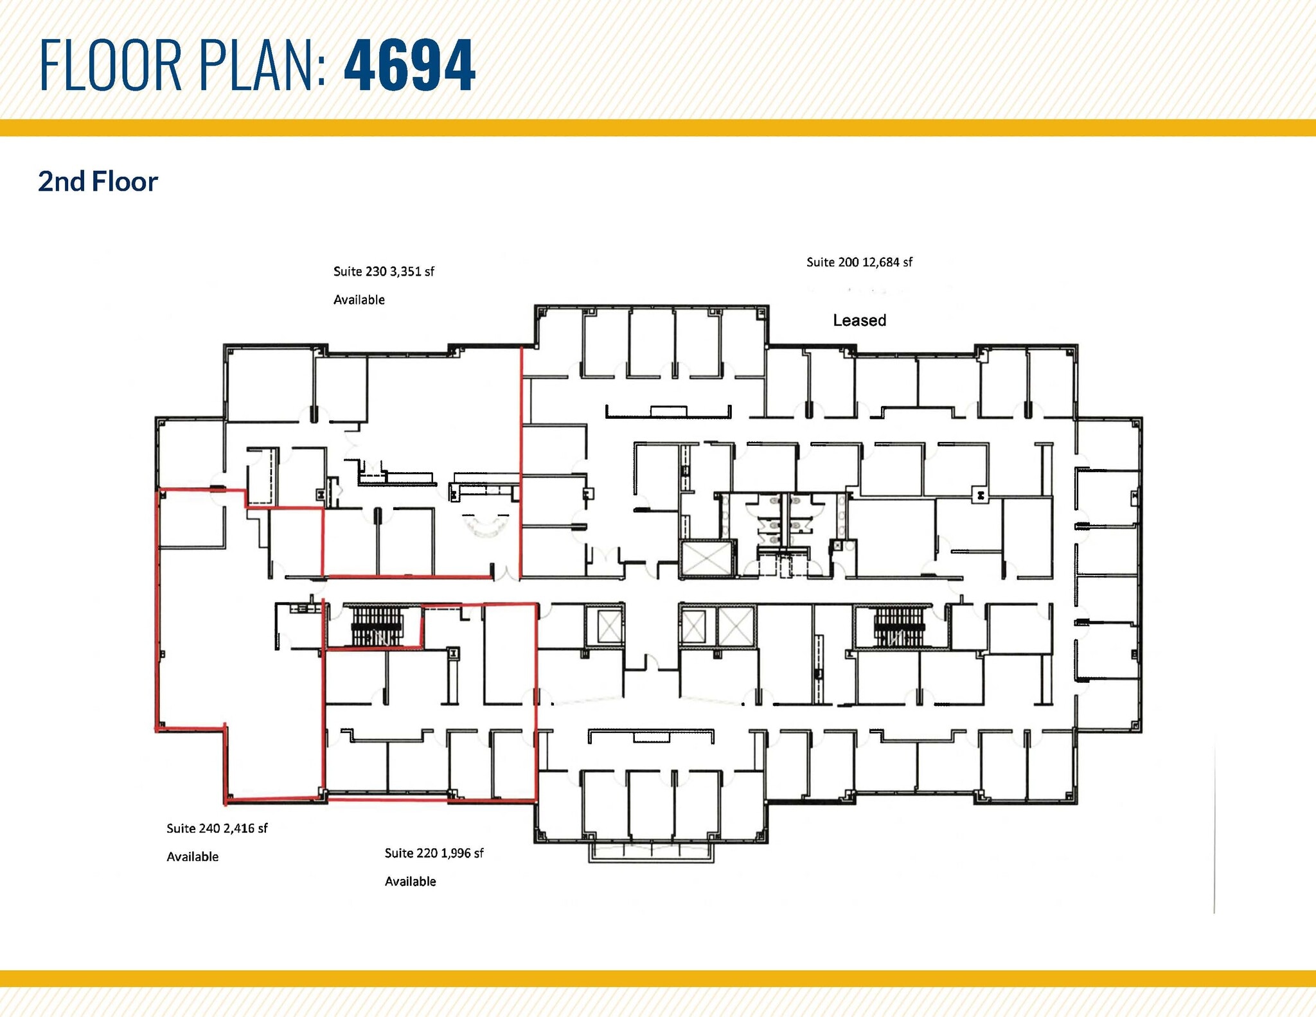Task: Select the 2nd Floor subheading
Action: click(x=98, y=182)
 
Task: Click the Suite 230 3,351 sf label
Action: click(x=384, y=272)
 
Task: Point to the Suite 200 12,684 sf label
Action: click(x=859, y=262)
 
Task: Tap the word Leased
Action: click(x=859, y=320)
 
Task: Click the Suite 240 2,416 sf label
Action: click(x=217, y=829)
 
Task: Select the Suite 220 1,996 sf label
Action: click(x=434, y=853)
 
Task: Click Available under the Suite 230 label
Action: click(x=359, y=300)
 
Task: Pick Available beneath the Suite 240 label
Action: click(x=192, y=857)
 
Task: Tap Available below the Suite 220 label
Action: click(x=410, y=881)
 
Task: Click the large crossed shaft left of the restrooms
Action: click(x=707, y=559)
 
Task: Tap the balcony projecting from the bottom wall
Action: click(x=651, y=851)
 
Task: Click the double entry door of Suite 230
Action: click(x=507, y=572)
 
